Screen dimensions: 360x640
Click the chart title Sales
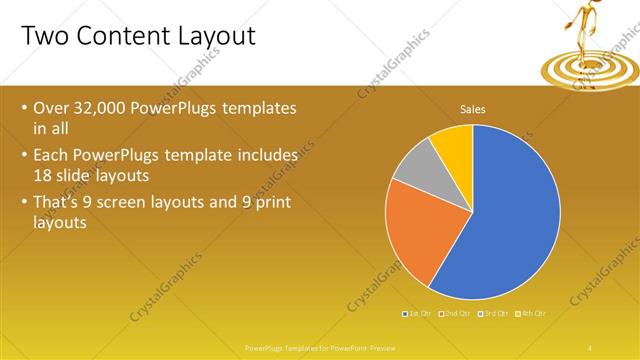(x=472, y=109)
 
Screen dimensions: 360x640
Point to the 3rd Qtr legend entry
(x=494, y=314)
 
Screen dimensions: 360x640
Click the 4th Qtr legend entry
(x=532, y=314)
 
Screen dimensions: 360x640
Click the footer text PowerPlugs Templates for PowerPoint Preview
(x=319, y=347)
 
